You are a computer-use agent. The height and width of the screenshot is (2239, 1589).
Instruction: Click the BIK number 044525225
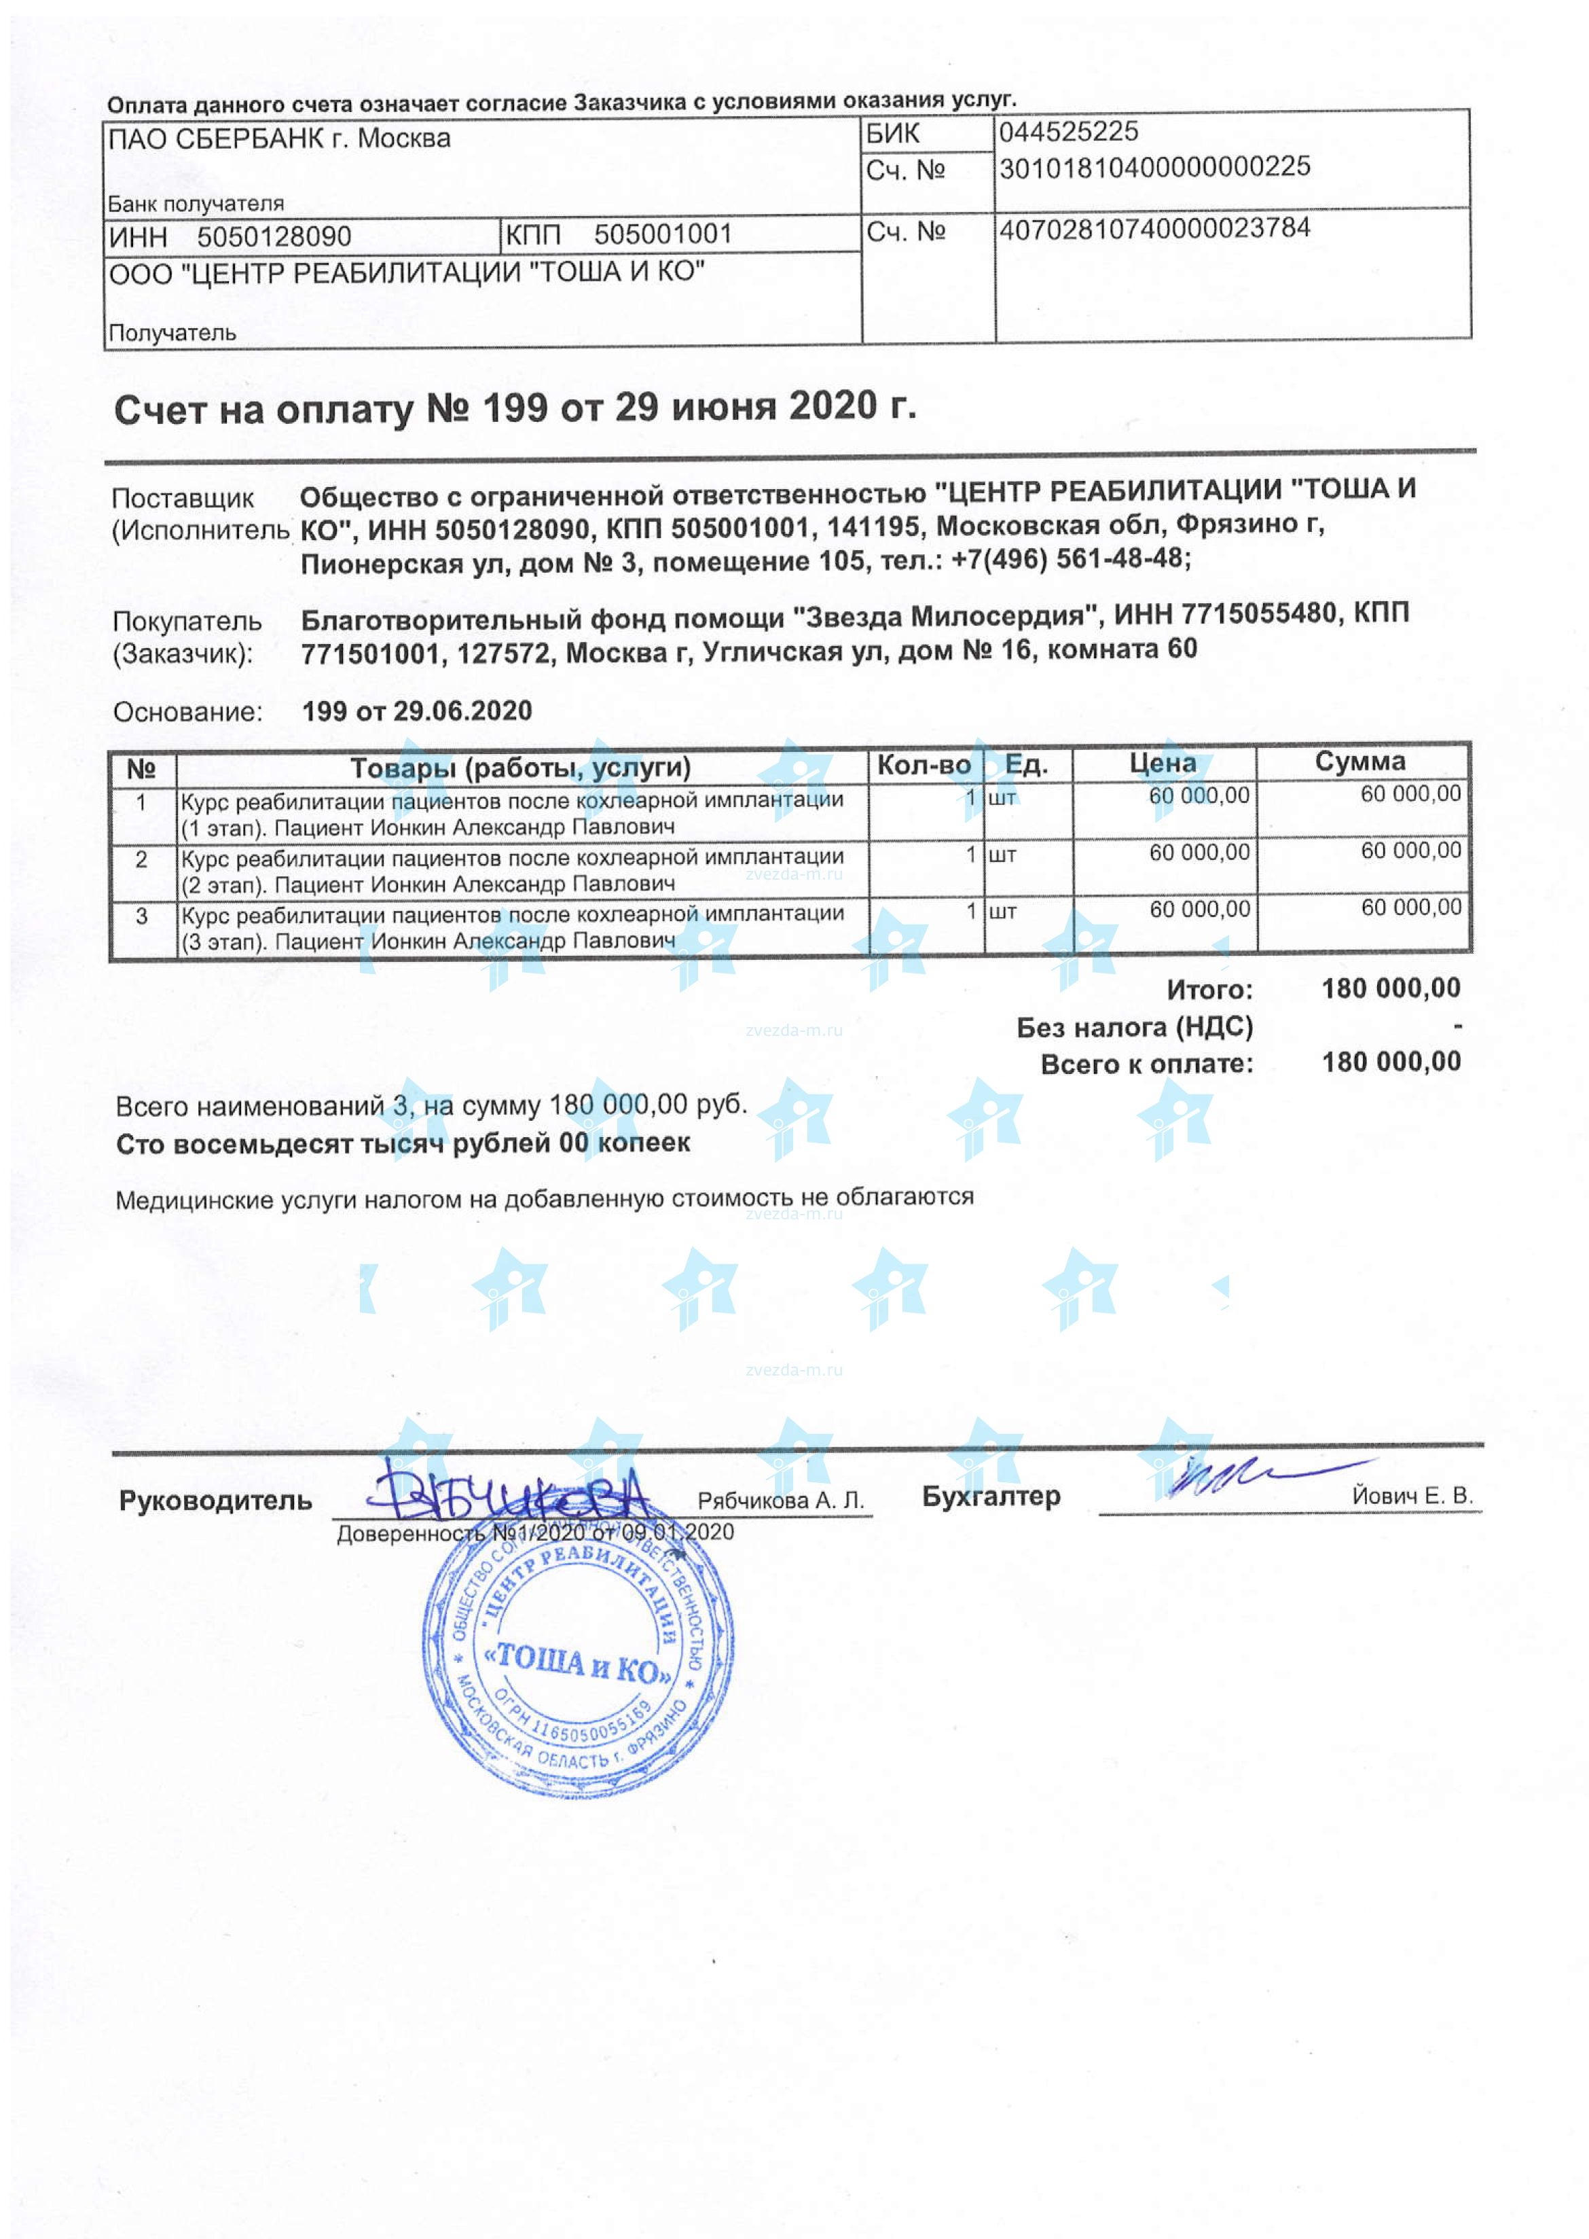(x=1067, y=131)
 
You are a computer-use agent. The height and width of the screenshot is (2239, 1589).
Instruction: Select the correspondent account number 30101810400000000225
(x=1154, y=167)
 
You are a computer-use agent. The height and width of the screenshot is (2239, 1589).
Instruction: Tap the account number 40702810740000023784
(x=1154, y=229)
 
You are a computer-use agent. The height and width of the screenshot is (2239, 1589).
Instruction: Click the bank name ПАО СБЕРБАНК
(x=216, y=139)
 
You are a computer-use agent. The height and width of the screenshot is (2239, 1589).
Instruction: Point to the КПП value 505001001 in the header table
(x=662, y=234)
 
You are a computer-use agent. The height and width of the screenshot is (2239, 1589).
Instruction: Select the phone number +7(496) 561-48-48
(x=1070, y=559)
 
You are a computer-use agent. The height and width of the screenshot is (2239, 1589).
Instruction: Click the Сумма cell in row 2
(x=1410, y=851)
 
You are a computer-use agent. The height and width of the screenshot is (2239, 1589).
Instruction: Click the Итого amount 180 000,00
(x=1391, y=988)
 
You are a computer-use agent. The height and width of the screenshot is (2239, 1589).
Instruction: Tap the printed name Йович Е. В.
(x=1412, y=1495)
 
